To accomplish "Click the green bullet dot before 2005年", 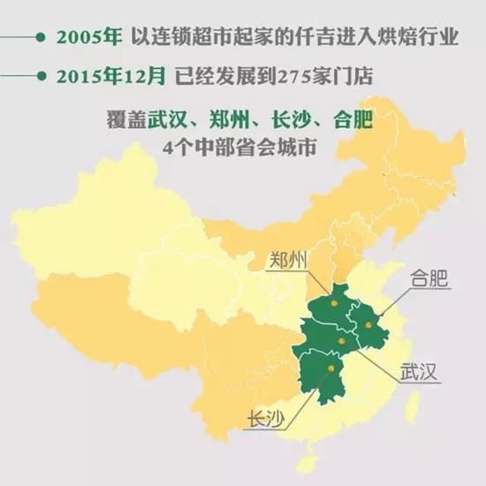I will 41,38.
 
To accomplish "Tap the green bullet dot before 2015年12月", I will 41,75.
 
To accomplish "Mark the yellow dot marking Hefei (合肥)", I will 368,325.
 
